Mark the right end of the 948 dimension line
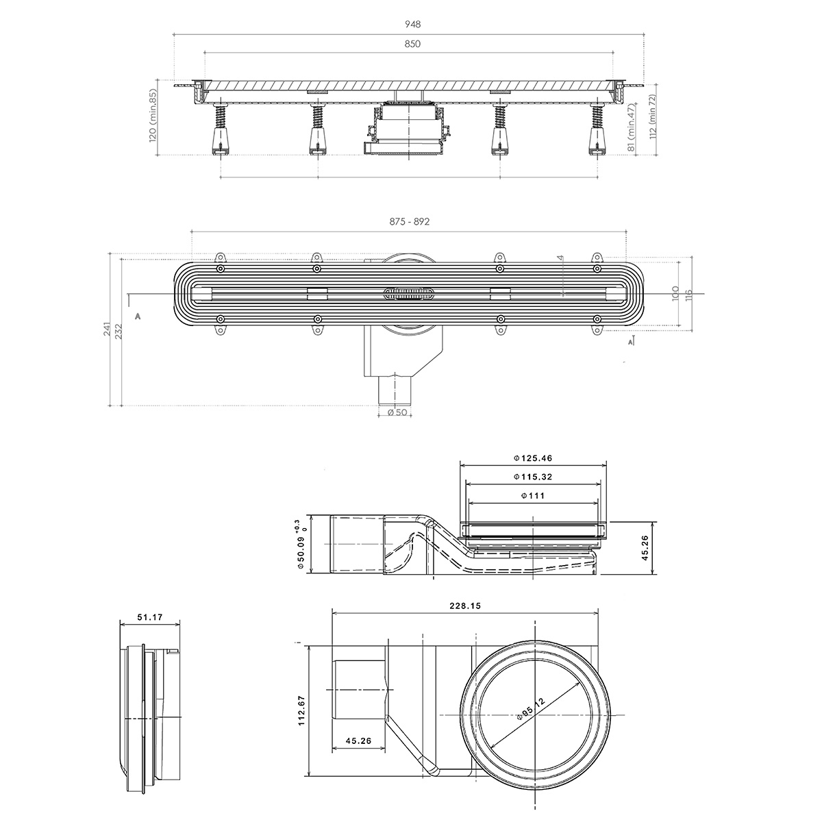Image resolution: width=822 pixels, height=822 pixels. [x=644, y=34]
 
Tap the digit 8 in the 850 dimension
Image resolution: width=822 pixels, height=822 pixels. [x=407, y=44]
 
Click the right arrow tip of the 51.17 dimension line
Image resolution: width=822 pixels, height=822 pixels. [x=179, y=624]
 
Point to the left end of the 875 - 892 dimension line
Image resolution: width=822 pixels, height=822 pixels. [x=191, y=232]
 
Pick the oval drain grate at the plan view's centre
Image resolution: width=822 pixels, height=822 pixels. [x=409, y=293]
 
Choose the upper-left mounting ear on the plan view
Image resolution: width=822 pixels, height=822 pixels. [x=221, y=258]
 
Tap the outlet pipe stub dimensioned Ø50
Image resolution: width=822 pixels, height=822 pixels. [x=395, y=390]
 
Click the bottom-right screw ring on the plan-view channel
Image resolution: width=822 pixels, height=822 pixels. [x=597, y=319]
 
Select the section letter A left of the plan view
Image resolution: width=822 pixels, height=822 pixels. [x=138, y=316]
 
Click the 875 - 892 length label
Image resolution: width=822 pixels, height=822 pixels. [x=409, y=221]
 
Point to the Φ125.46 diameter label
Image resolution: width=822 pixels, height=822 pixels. [x=533, y=458]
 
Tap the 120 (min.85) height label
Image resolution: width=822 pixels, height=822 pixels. [x=153, y=117]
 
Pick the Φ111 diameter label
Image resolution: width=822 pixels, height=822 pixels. [x=533, y=496]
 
